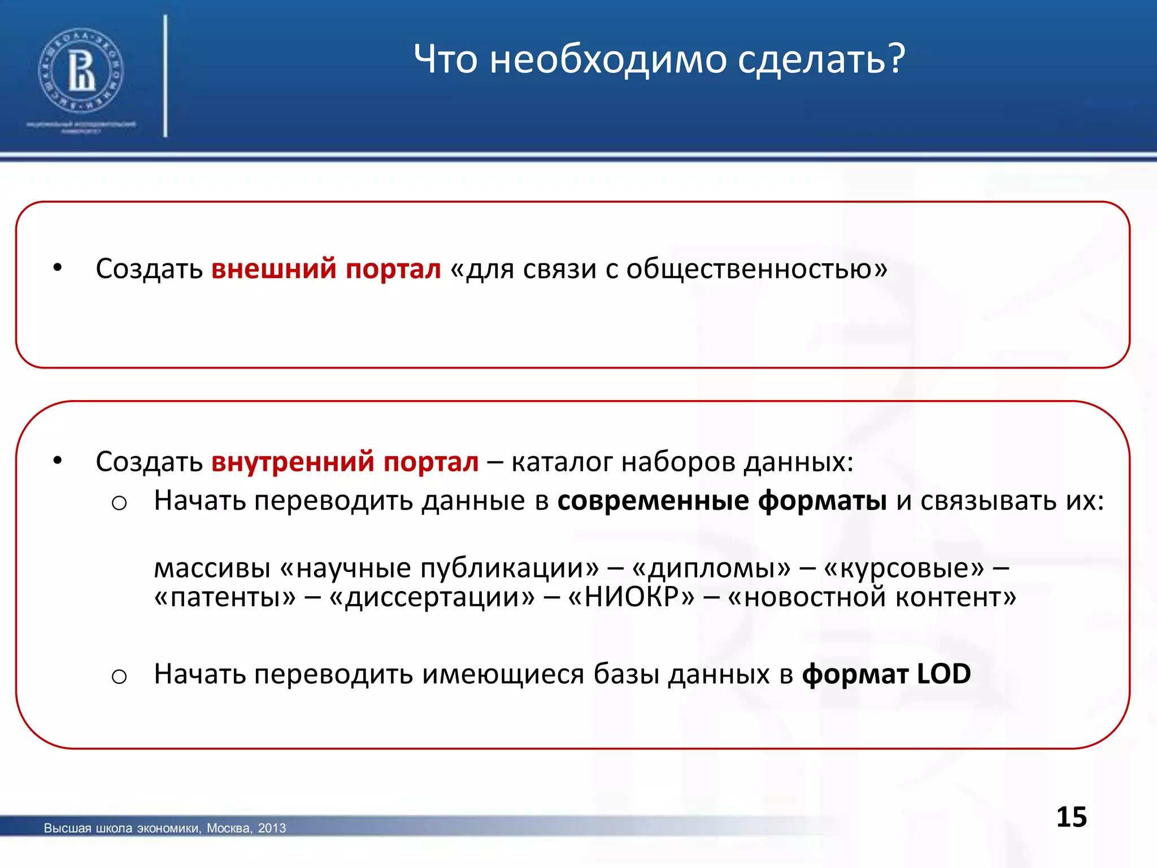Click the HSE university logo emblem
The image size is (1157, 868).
click(x=81, y=71)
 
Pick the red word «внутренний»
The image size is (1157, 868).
click(x=292, y=462)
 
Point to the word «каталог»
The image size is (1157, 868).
click(x=562, y=462)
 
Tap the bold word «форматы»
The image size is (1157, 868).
click(x=823, y=501)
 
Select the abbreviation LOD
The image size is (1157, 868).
click(x=943, y=674)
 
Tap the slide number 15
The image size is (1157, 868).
click(x=1071, y=817)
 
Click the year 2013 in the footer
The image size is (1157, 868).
click(x=272, y=828)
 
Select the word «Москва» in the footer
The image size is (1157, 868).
click(x=228, y=828)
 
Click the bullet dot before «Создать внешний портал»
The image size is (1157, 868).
click(x=57, y=268)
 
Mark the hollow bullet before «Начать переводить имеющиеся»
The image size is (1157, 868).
click(x=119, y=676)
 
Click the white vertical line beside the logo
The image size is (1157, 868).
click(x=166, y=76)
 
